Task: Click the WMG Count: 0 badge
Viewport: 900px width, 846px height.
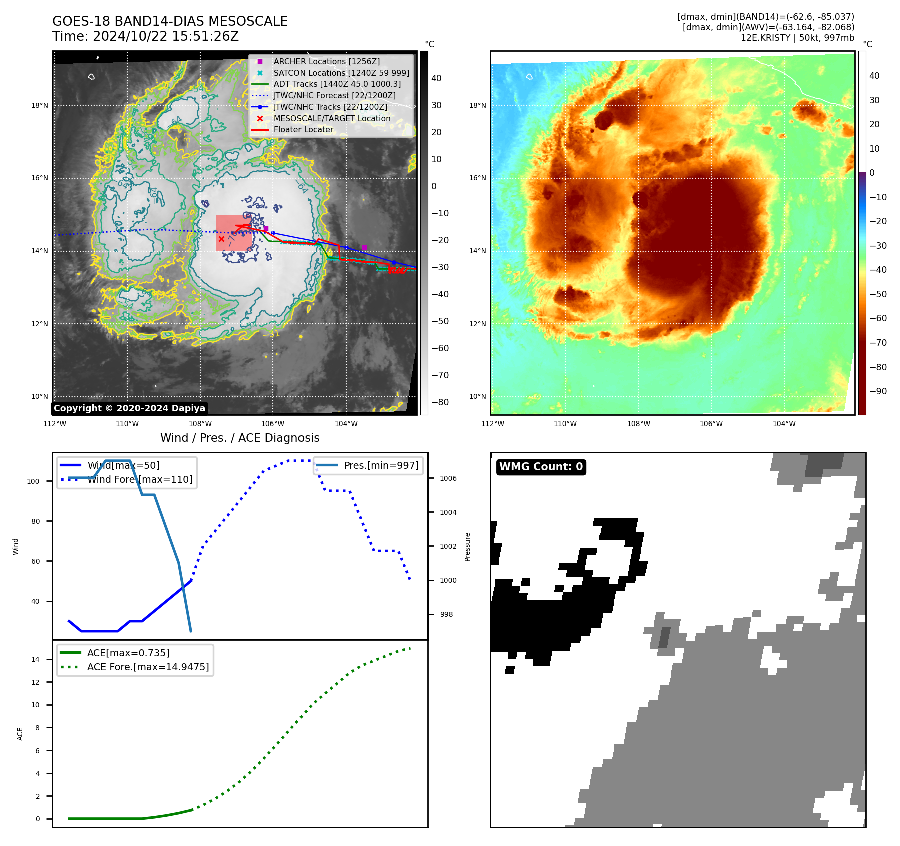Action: click(541, 467)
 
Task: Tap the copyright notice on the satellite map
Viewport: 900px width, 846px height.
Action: click(129, 408)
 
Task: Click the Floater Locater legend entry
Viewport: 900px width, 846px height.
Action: click(303, 129)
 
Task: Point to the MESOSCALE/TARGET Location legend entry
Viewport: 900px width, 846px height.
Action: click(332, 118)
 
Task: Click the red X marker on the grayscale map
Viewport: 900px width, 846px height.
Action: click(221, 239)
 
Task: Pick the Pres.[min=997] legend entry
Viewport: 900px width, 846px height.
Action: click(381, 465)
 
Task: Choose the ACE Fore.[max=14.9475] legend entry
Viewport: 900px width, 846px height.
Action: click(148, 667)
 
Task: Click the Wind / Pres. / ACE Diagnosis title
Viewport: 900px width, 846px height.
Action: click(239, 438)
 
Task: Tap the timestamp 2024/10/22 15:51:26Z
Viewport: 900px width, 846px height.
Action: click(166, 36)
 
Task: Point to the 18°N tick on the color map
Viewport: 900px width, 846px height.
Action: click(477, 105)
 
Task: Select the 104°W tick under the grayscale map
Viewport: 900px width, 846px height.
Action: click(346, 424)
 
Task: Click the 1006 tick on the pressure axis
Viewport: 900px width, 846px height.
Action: click(448, 478)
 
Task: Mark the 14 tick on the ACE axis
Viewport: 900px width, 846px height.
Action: click(36, 659)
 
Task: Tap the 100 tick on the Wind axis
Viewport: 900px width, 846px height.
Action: click(33, 481)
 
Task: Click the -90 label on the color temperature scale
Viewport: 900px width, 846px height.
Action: click(878, 391)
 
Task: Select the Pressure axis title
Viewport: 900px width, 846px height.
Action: click(467, 547)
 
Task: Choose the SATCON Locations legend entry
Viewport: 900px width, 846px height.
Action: click(341, 73)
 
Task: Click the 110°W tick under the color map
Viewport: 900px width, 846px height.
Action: click(565, 424)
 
